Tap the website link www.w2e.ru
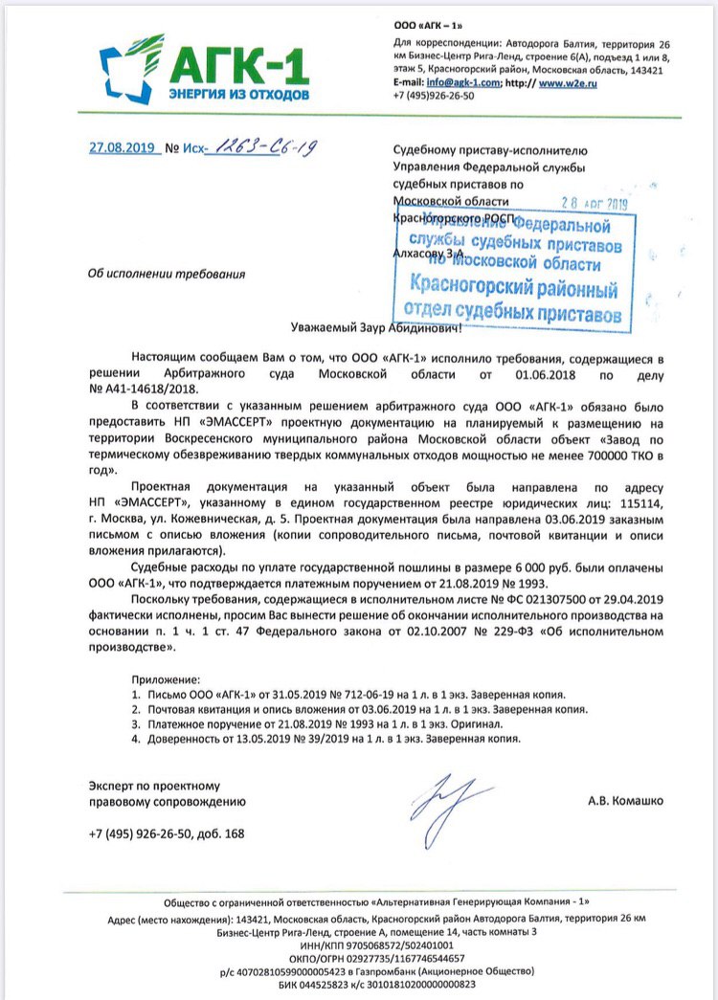tap(565, 83)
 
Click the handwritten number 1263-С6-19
tap(258, 147)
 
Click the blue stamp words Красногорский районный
tap(513, 286)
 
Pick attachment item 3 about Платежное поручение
tap(322, 725)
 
